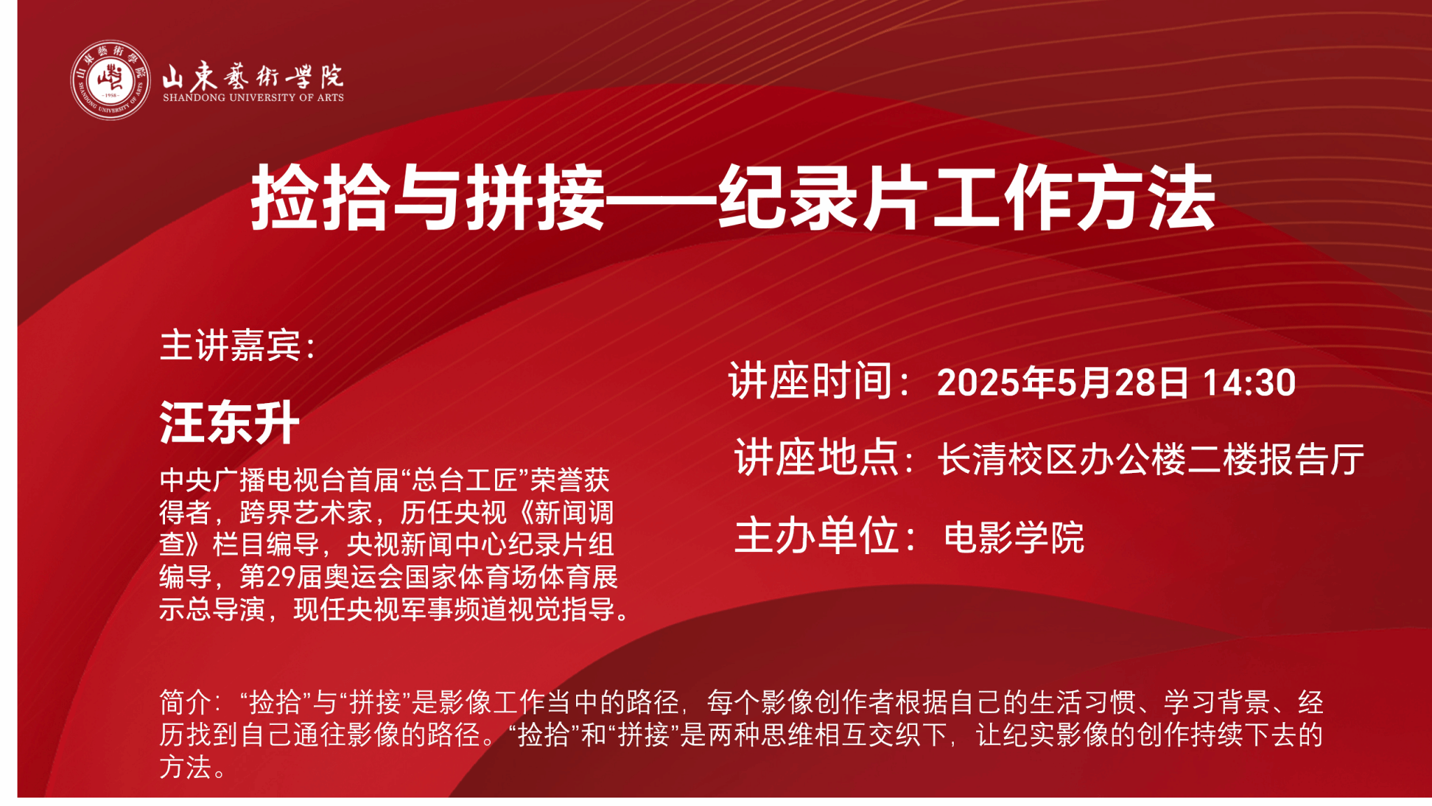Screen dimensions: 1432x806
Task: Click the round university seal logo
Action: [110, 80]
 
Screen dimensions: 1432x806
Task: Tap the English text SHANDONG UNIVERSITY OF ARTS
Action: [253, 98]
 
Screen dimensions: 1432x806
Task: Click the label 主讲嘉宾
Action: [230, 346]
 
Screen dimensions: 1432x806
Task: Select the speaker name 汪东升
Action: [229, 423]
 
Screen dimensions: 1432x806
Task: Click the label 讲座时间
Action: [810, 381]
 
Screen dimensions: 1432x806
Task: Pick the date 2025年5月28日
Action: [1063, 383]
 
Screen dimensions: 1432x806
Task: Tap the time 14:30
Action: [1250, 383]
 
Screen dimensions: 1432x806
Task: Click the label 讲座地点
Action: [816, 458]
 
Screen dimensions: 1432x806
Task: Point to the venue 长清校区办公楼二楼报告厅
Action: [1151, 460]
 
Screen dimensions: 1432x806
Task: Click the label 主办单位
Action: [816, 535]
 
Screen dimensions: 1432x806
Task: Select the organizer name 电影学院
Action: [1014, 537]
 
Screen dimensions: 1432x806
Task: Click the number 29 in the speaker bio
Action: [281, 577]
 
